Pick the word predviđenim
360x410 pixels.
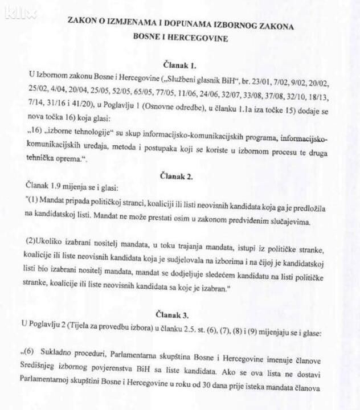coord(246,222)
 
